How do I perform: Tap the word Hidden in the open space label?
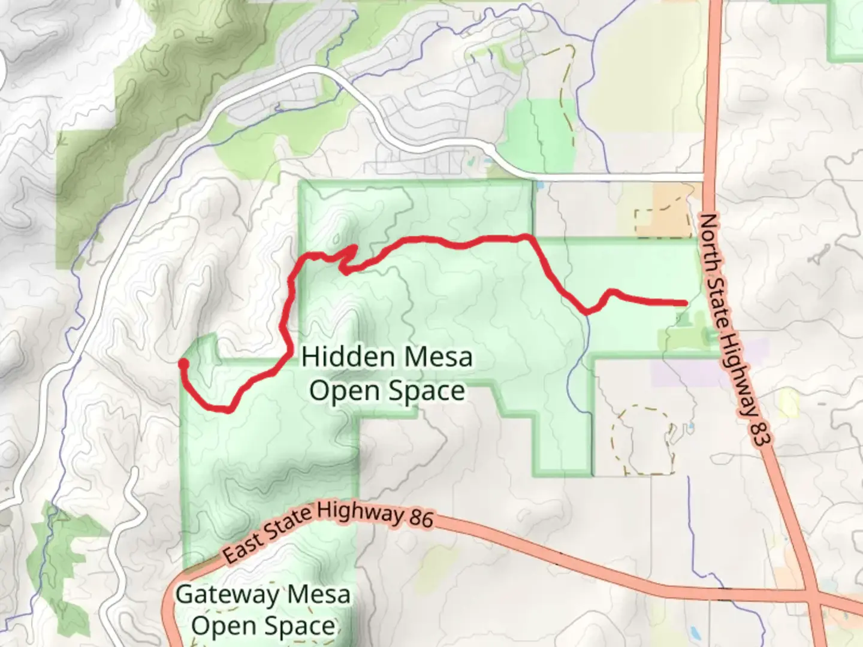click(337, 357)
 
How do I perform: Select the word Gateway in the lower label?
click(227, 595)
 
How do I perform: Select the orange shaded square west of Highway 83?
click(664, 210)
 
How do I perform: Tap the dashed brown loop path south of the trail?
click(641, 440)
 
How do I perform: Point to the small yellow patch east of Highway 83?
click(789, 403)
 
